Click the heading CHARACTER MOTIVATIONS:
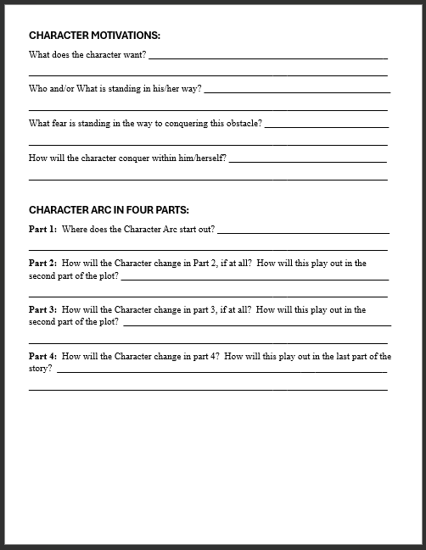click(94, 36)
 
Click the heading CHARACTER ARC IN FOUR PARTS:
click(109, 209)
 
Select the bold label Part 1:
click(43, 229)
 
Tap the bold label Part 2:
click(43, 264)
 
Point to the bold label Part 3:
click(43, 310)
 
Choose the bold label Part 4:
click(43, 357)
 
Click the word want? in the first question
click(134, 54)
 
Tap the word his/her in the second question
click(165, 88)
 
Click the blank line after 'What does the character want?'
click(267, 58)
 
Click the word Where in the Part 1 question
click(75, 229)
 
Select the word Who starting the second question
click(38, 88)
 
